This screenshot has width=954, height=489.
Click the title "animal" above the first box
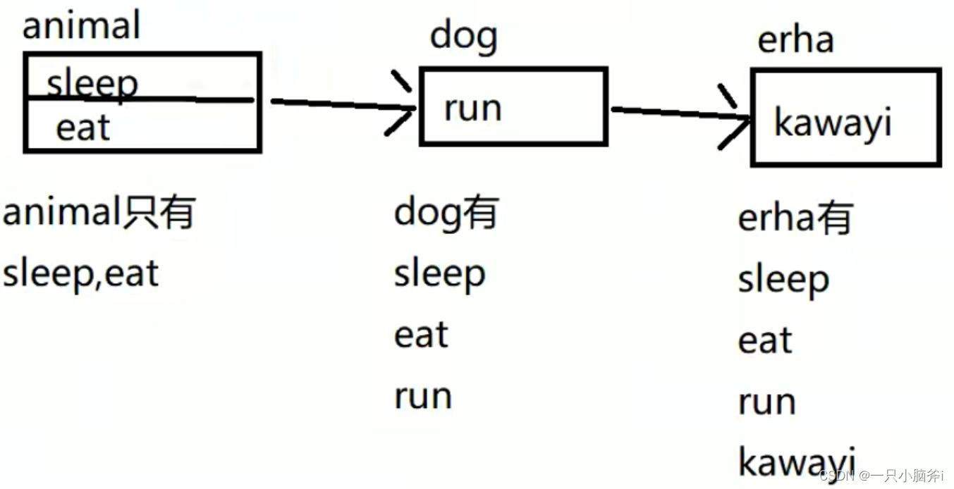(81, 26)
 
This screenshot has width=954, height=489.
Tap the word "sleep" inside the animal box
(92, 84)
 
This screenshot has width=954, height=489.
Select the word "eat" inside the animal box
(83, 128)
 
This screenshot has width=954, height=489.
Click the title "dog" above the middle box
(463, 37)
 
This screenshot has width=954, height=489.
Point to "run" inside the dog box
(472, 109)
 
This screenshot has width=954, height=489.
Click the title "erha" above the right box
(795, 39)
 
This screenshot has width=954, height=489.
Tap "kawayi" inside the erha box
(833, 123)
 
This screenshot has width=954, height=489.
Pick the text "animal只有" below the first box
(98, 212)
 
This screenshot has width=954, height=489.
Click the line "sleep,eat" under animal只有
(80, 273)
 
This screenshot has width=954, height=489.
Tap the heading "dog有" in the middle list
(446, 212)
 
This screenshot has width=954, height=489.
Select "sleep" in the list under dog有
(439, 274)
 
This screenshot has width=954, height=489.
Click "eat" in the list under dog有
(421, 335)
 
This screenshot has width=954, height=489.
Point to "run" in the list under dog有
(422, 396)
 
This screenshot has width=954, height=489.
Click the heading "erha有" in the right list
(795, 218)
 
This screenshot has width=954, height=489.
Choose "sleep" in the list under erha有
(783, 280)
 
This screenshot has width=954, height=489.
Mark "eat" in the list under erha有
(765, 341)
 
